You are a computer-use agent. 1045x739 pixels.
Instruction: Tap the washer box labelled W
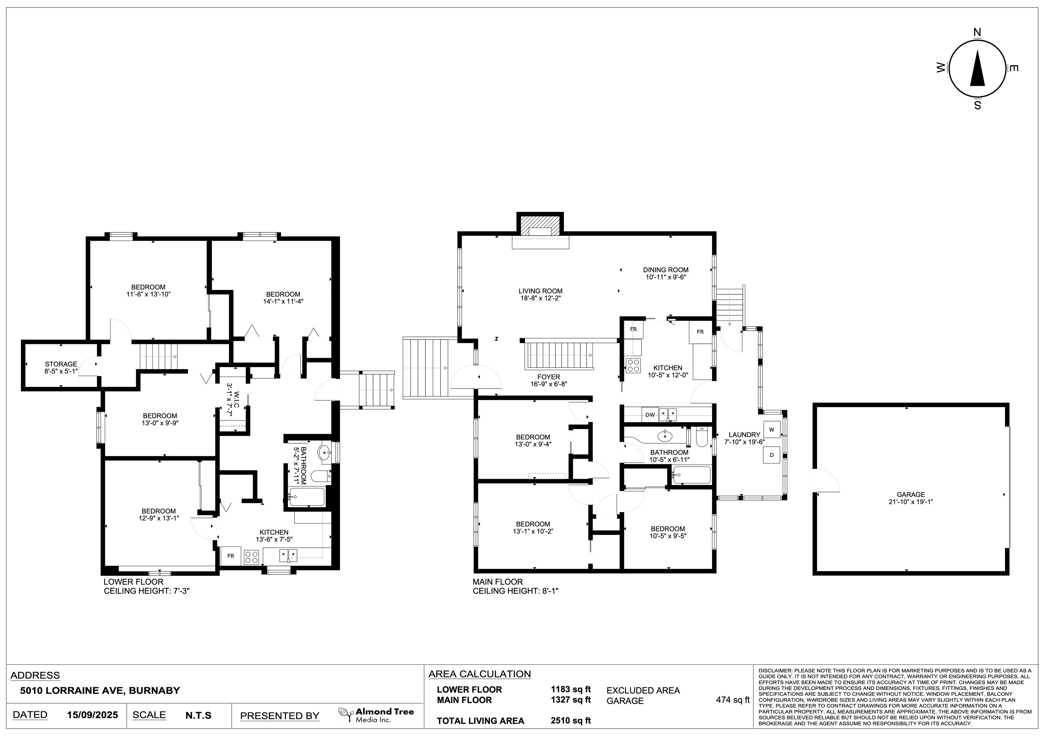coord(772,430)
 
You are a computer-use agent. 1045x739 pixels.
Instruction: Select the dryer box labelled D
coord(772,455)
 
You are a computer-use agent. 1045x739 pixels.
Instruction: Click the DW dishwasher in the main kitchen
coord(650,415)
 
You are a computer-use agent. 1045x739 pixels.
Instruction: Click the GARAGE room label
coord(911,494)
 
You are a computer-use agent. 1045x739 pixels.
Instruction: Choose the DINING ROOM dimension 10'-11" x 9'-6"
coord(665,277)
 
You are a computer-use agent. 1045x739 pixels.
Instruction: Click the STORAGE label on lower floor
coord(61,364)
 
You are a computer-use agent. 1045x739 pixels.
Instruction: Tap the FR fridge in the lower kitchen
coord(231,556)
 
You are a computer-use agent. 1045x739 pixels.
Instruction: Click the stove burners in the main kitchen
coord(633,366)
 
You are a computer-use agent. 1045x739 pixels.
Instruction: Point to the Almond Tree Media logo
coord(376,715)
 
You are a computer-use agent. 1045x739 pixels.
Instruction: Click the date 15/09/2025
coord(93,715)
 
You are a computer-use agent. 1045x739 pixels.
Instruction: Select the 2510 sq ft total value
coord(571,720)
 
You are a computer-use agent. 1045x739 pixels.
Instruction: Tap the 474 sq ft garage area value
coord(733,700)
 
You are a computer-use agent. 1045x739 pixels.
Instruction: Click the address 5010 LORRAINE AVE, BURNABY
coord(100,690)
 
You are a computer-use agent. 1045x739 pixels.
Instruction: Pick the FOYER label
coord(548,377)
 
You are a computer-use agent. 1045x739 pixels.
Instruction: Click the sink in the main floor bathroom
coord(665,436)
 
